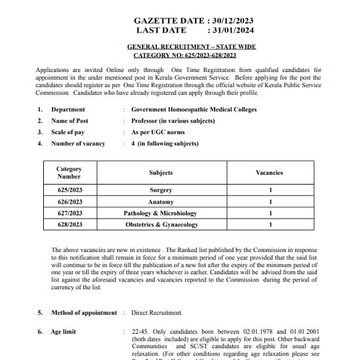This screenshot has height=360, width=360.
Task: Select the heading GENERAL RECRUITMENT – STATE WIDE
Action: coord(191,47)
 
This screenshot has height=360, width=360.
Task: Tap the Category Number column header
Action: coord(69,173)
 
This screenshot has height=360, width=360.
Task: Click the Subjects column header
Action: coord(161,173)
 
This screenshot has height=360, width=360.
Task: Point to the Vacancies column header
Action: coord(269,173)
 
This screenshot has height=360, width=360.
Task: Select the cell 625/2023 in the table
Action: coord(69,190)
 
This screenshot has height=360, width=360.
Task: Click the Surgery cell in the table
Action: coord(161,190)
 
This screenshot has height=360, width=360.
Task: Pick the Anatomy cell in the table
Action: coord(161,202)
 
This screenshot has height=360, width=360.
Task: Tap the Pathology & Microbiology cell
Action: coord(160,213)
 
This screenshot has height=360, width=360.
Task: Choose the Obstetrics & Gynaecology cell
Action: coord(161,225)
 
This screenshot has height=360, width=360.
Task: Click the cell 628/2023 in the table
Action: coord(69,225)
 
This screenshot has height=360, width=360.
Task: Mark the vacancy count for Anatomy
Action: coord(270,202)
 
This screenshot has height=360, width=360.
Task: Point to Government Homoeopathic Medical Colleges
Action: coord(194,110)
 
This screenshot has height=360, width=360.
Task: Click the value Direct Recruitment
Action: coord(156,313)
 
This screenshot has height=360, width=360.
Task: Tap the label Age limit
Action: coord(63,332)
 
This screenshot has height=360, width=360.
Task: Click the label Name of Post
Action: coord(69,121)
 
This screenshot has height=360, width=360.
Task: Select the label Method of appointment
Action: coord(84,313)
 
